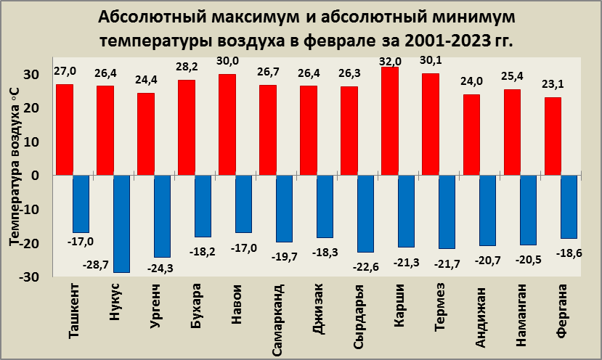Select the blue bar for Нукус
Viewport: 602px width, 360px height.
click(121, 224)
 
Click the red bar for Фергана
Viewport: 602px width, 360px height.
click(553, 136)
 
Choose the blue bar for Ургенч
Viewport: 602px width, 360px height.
click(162, 216)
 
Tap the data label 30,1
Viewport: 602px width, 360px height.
click(430, 60)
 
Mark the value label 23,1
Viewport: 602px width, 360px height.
click(553, 83)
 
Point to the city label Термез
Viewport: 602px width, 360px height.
click(444, 311)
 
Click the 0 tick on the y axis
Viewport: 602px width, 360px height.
click(43, 175)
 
